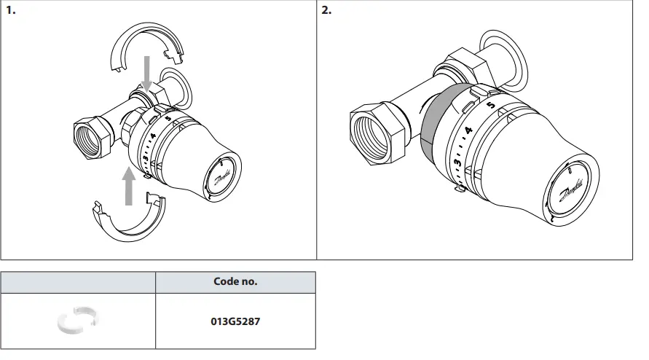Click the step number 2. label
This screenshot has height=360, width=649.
326,11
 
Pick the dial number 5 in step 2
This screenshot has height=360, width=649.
489,104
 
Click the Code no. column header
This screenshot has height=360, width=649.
235,281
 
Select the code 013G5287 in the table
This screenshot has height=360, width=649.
235,321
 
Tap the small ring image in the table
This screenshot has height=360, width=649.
77,321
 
